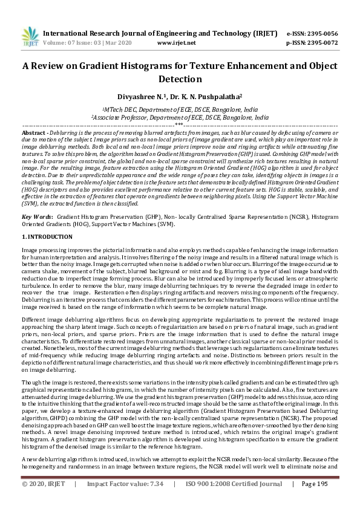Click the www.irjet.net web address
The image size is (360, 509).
(x=176, y=44)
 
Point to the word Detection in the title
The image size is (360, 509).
(x=180, y=79)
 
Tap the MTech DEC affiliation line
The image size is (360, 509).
(x=180, y=111)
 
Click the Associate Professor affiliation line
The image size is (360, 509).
(x=180, y=118)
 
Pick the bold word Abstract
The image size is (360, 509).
(x=34, y=132)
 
